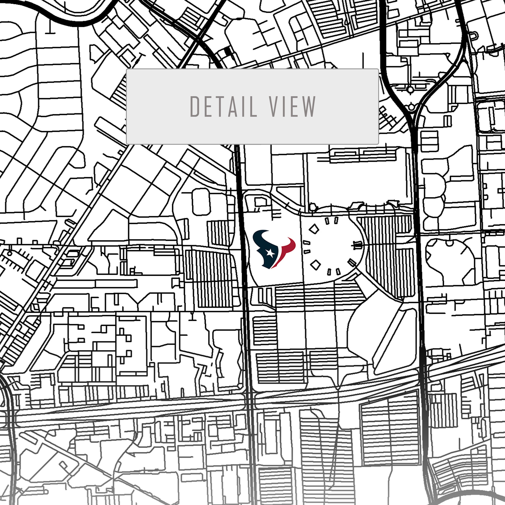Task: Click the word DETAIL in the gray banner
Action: click(x=223, y=106)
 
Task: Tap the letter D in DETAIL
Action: click(x=195, y=106)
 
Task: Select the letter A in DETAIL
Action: click(x=233, y=106)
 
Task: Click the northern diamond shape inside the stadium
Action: click(x=314, y=229)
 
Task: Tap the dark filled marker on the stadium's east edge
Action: click(x=357, y=245)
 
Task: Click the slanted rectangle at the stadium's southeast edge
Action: click(x=352, y=262)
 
